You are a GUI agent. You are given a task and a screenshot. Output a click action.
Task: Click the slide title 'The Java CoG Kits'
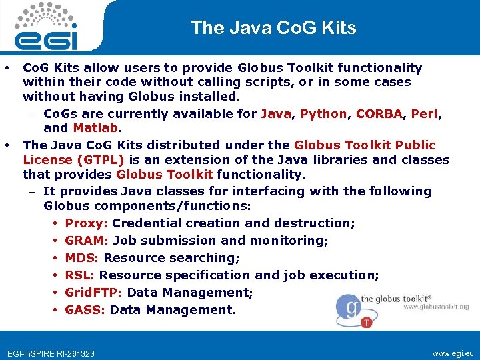tap(273, 27)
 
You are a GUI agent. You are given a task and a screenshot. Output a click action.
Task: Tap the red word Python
tap(323, 113)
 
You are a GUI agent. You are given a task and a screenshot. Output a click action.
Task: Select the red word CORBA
tap(379, 113)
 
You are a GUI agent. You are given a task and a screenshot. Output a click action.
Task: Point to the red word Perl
tap(424, 113)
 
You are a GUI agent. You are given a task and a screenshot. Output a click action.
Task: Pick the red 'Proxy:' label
tap(87, 223)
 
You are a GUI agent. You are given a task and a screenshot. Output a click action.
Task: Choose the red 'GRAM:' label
tap(87, 241)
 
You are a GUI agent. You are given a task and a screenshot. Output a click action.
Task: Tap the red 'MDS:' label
tap(82, 258)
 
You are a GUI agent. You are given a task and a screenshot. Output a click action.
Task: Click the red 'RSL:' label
tap(80, 275)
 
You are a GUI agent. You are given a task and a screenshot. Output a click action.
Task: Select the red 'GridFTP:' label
tap(93, 293)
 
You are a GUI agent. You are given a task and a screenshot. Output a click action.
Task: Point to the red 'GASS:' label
tap(85, 310)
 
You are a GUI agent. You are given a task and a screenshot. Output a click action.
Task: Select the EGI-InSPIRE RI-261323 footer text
tap(50, 353)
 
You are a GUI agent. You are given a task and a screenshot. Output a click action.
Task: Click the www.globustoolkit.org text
tap(436, 307)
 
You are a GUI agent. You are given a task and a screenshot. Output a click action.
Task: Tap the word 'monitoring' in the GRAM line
tap(289, 241)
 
